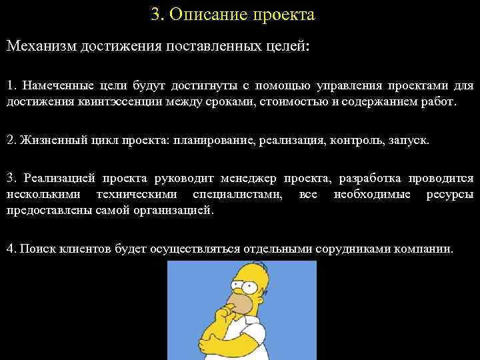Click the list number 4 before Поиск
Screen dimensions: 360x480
(x=10, y=249)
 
